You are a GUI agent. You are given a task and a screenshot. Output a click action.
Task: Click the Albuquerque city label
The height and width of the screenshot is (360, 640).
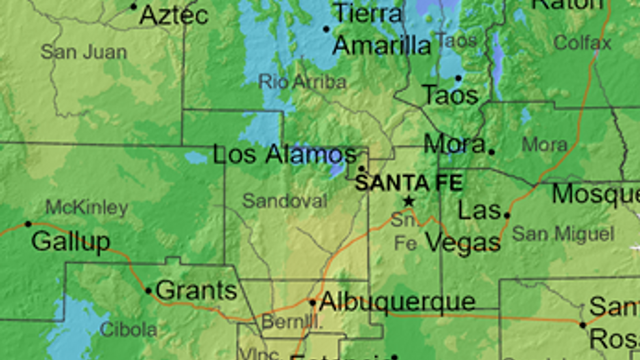click(397, 302)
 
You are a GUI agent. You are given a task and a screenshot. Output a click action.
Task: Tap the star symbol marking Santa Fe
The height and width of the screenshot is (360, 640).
click(409, 201)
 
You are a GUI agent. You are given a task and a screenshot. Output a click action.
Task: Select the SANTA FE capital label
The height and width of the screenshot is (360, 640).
click(409, 182)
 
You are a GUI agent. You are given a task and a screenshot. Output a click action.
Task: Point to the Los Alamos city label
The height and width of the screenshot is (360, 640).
click(285, 155)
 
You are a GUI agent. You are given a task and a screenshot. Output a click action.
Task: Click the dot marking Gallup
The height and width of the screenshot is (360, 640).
click(28, 224)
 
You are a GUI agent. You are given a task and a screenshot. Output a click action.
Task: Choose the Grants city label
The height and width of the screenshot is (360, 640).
click(197, 290)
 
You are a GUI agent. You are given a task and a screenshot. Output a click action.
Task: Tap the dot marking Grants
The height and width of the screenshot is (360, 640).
click(149, 291)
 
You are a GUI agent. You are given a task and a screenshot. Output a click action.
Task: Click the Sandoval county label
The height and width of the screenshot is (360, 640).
click(284, 201)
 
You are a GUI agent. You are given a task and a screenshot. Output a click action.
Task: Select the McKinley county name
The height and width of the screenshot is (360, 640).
click(86, 208)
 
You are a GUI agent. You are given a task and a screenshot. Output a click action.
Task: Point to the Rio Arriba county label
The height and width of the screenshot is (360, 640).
click(302, 82)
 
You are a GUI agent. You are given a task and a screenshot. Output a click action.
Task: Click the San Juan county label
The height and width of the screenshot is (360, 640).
click(84, 52)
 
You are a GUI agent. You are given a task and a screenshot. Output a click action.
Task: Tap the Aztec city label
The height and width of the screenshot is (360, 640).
click(174, 15)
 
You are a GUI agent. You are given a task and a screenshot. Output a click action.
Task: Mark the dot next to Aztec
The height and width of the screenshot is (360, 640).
click(134, 7)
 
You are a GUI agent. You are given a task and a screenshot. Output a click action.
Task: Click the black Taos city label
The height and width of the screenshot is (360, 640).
click(450, 95)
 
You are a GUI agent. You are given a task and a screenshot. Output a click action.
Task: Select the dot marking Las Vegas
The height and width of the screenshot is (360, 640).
click(506, 215)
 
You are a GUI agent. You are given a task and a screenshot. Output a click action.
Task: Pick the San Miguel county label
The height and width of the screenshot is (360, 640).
click(563, 234)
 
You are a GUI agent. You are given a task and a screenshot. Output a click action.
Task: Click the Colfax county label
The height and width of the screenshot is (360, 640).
click(583, 43)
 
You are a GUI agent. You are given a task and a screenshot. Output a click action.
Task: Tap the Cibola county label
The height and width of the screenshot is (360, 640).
click(128, 330)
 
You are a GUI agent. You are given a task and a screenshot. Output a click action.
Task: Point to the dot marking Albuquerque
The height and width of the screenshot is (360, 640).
click(313, 303)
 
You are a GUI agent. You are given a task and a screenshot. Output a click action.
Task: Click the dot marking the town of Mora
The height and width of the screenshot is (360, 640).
click(491, 152)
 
